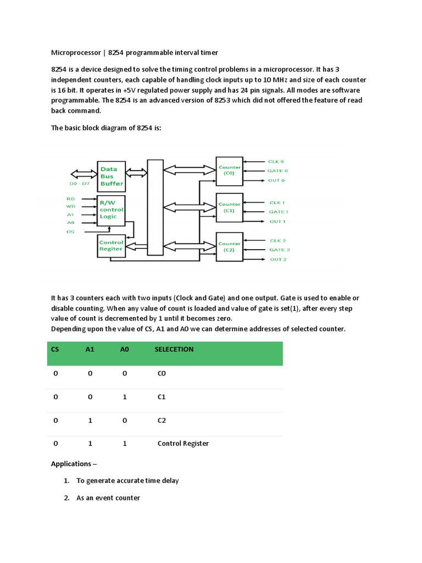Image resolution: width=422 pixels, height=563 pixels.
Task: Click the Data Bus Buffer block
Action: coord(111,176)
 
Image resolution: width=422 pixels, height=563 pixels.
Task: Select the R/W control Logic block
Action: coord(111,209)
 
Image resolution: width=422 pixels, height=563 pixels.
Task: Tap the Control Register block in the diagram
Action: coord(111,245)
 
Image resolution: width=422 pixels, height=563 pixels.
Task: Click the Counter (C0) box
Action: coord(229,170)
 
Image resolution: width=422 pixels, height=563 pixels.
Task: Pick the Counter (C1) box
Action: coord(229,207)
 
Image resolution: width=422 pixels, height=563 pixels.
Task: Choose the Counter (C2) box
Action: coord(229,247)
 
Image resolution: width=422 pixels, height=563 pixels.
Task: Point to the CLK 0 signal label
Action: coord(276,162)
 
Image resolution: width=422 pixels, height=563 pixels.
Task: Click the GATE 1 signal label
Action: coord(278,212)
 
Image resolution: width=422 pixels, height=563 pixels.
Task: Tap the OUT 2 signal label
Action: coord(277,259)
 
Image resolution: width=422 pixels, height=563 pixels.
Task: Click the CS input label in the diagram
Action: coord(70,232)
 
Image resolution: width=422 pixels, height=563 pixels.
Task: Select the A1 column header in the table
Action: coord(90,349)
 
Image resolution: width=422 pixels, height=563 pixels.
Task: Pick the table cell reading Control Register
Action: coord(183,444)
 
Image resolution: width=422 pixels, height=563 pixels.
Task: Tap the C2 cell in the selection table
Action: coord(162,420)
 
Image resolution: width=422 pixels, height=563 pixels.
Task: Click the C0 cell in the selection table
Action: coord(162,373)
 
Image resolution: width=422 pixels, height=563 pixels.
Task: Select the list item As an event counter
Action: coord(108,498)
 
